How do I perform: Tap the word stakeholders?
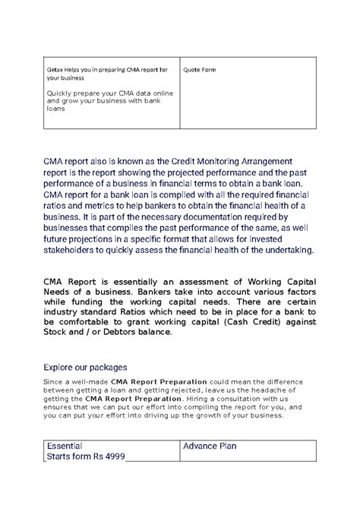74,250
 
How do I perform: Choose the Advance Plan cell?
210,446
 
